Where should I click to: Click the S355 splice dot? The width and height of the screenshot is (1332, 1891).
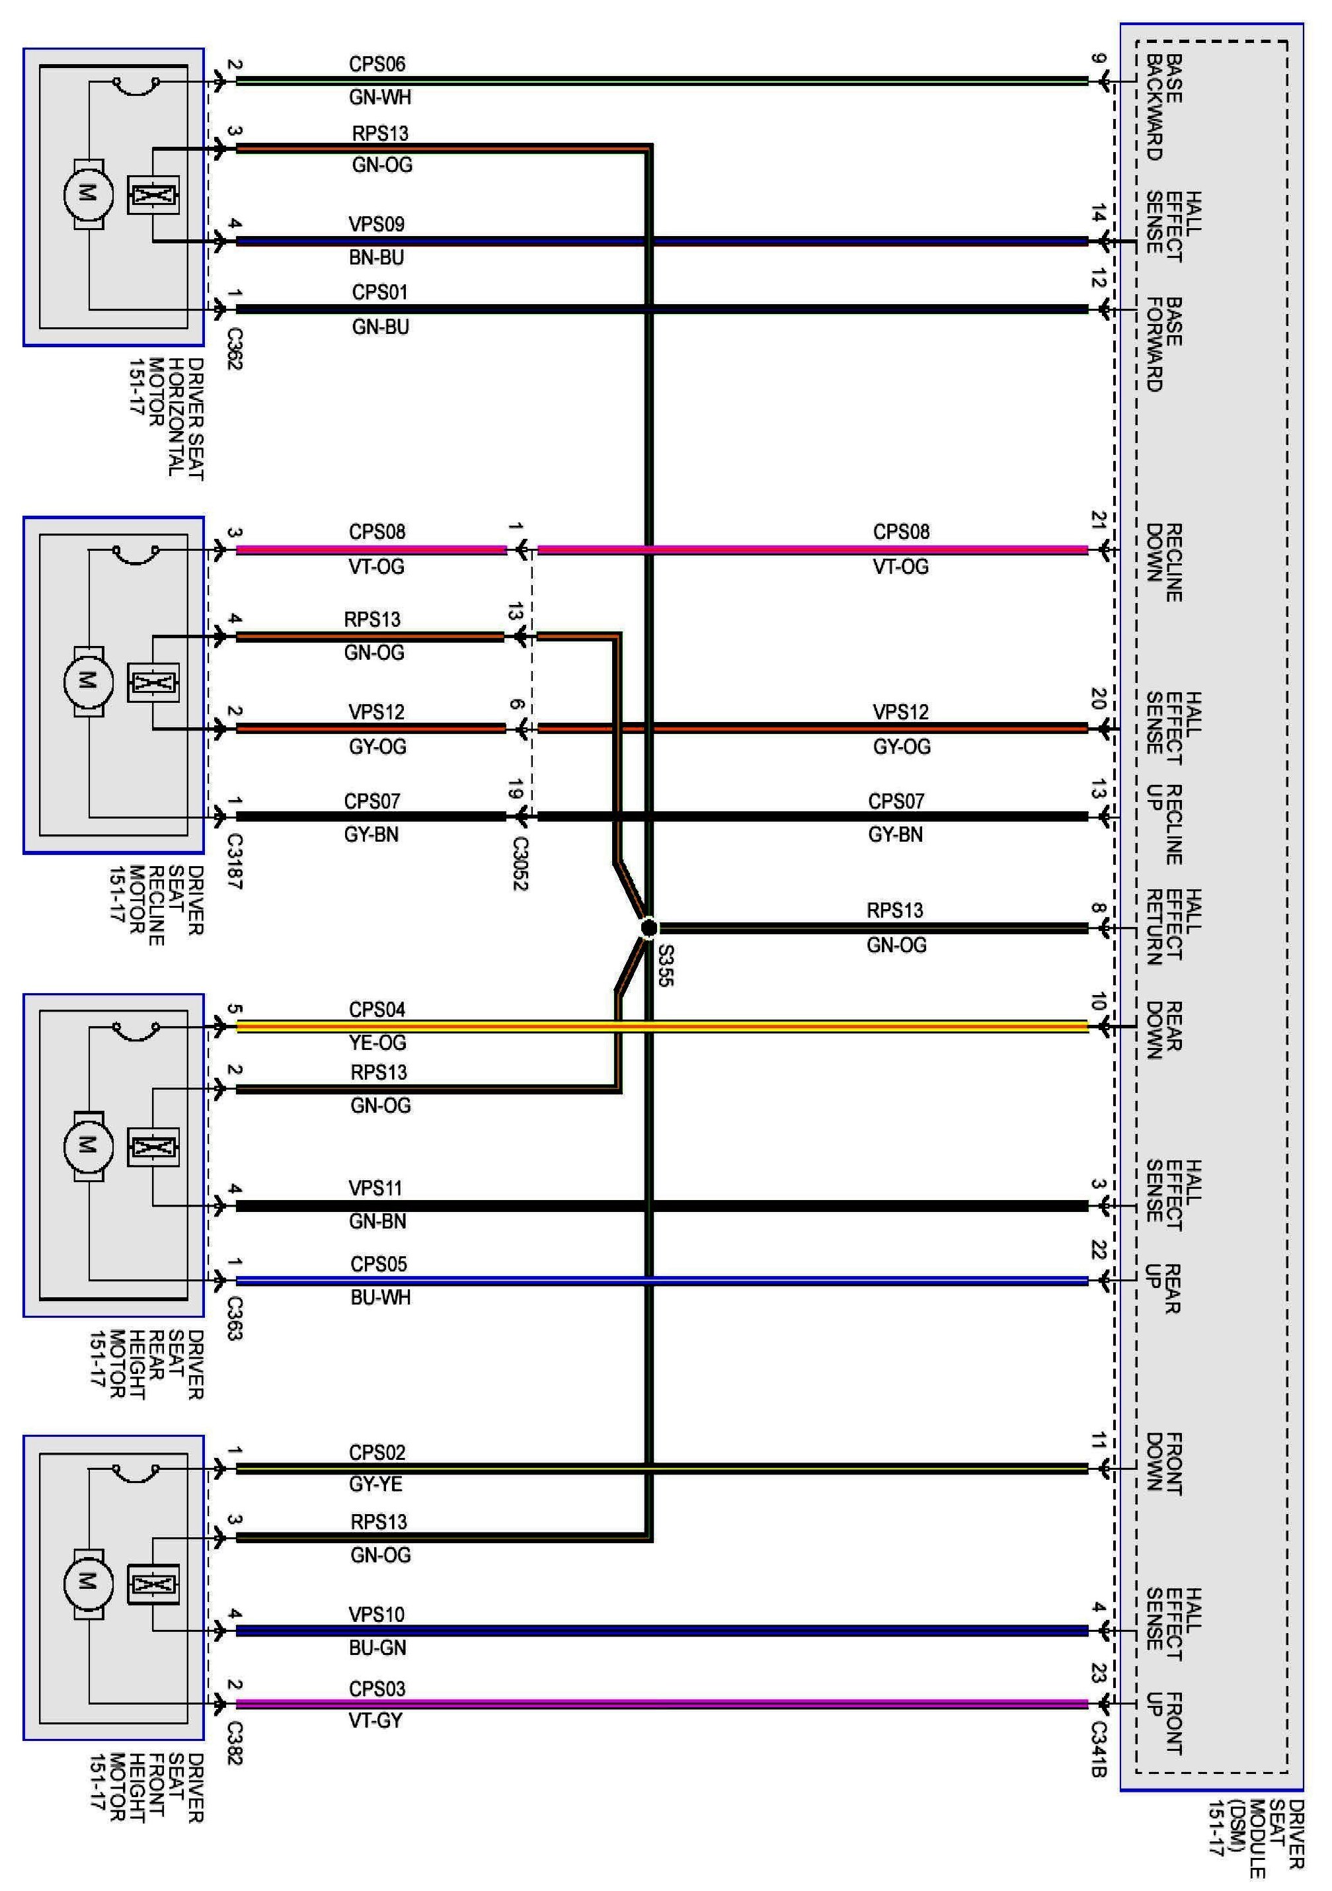[648, 928]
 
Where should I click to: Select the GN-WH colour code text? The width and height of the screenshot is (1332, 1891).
[379, 97]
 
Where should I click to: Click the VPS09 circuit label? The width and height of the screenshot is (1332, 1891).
[376, 224]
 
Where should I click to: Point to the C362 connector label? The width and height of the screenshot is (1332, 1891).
[235, 349]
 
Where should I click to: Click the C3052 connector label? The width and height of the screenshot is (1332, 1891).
[520, 863]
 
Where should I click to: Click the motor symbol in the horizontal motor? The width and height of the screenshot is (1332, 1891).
[87, 194]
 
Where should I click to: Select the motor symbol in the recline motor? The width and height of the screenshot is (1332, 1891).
[87, 680]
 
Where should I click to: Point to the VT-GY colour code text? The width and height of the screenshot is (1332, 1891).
[375, 1720]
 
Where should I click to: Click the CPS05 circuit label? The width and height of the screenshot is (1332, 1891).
[379, 1264]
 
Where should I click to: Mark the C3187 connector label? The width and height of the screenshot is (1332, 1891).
[235, 862]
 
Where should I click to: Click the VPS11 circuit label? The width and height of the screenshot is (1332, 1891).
[375, 1187]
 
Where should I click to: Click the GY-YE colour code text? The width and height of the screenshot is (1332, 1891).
[375, 1484]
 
